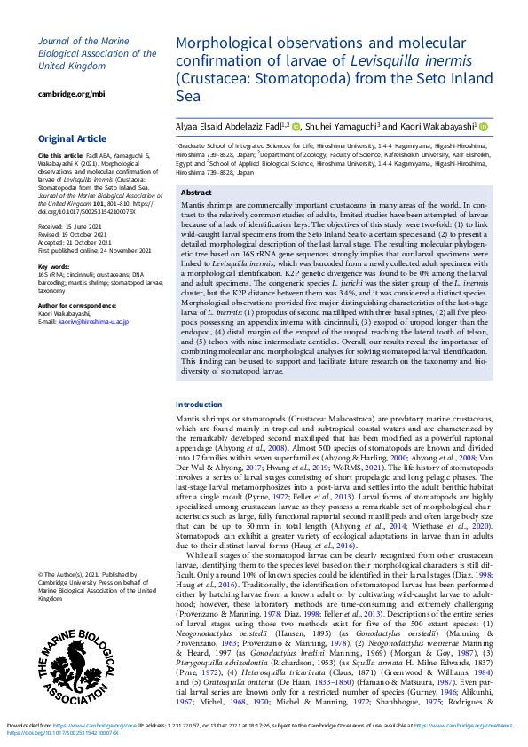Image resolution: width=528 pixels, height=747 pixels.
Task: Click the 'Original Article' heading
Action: pos(72,139)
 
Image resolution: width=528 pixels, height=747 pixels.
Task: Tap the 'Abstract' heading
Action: pos(196,193)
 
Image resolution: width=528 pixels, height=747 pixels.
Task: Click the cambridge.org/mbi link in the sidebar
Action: pos(71,94)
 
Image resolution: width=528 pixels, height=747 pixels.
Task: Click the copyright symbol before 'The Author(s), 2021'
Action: pos(41,575)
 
